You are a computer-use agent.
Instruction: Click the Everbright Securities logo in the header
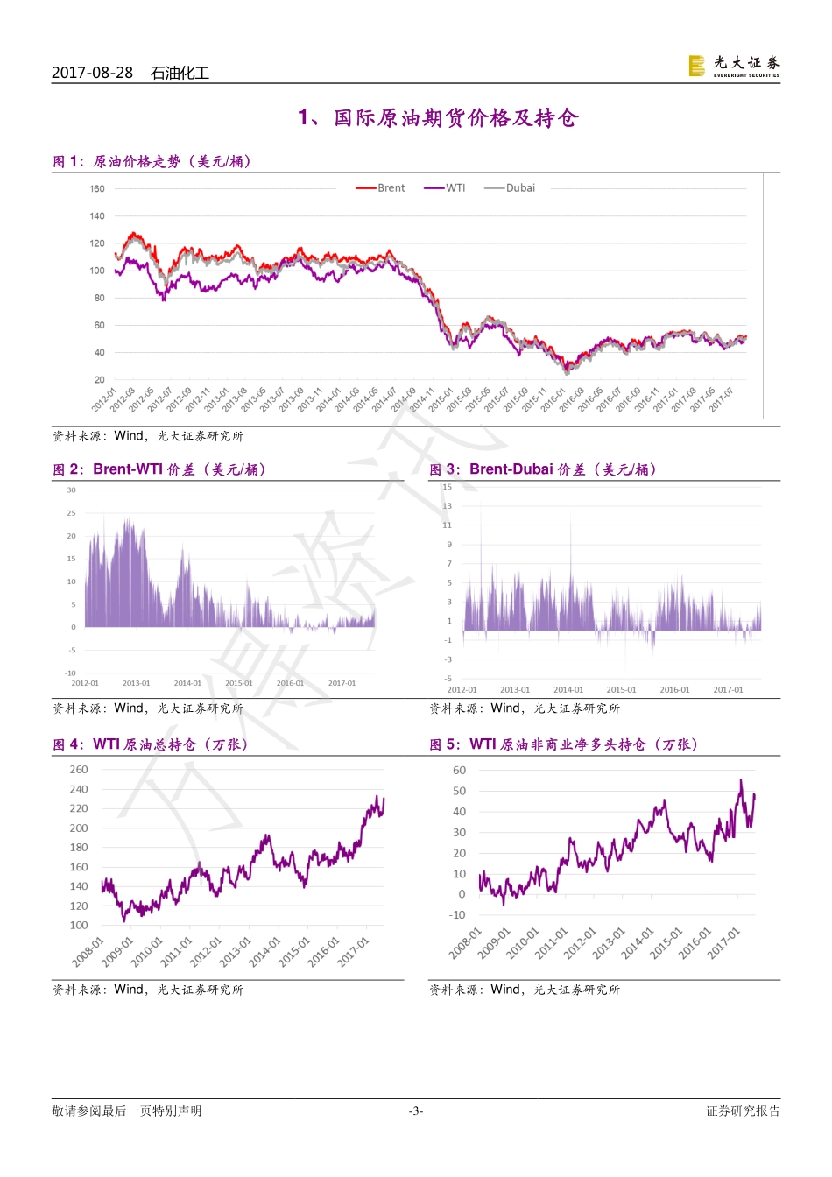point(734,66)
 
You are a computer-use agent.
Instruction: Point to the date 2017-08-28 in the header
point(92,73)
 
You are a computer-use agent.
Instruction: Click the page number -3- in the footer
point(416,1111)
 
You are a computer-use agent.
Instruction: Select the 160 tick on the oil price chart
point(97,188)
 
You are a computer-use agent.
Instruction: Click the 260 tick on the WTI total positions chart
point(79,770)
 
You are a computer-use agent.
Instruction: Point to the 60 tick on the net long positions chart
point(459,771)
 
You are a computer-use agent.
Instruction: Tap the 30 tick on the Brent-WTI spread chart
point(72,490)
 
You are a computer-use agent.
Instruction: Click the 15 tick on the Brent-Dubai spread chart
point(448,487)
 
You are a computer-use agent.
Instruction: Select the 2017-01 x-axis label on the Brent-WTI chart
point(342,683)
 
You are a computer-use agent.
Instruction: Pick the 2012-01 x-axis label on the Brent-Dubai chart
point(462,690)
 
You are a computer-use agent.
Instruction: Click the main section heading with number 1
point(438,118)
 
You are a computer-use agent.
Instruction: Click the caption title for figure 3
point(543,469)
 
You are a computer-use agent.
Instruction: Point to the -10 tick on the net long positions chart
point(457,915)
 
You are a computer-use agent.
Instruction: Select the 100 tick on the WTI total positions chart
point(79,926)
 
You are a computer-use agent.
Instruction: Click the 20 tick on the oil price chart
point(100,380)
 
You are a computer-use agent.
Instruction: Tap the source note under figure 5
point(524,990)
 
